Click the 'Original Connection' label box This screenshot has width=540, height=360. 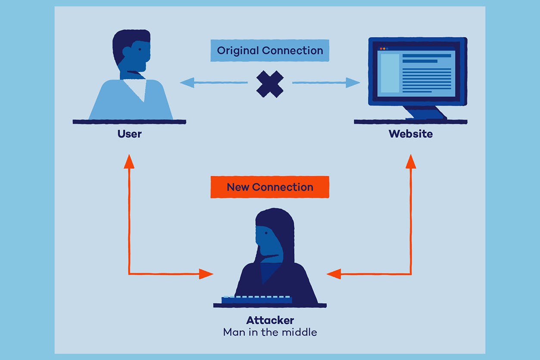[270, 51]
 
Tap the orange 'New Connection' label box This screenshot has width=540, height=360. [270, 187]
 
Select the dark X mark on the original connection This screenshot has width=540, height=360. [270, 84]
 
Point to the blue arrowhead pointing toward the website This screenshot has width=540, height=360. [353, 82]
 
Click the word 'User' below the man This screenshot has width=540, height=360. [129, 134]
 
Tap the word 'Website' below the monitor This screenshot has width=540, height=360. [410, 134]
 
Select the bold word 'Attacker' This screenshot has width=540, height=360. [270, 320]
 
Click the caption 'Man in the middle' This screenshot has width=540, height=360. [270, 332]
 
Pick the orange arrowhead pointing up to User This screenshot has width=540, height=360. [129, 161]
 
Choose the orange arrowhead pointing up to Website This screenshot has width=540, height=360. [411, 161]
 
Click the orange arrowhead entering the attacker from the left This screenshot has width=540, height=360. [206, 273]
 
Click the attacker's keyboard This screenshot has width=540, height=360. [257, 299]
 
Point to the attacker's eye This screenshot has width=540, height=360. [266, 233]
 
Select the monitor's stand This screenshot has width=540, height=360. [424, 112]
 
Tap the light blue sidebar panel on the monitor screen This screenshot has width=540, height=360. [390, 73]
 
